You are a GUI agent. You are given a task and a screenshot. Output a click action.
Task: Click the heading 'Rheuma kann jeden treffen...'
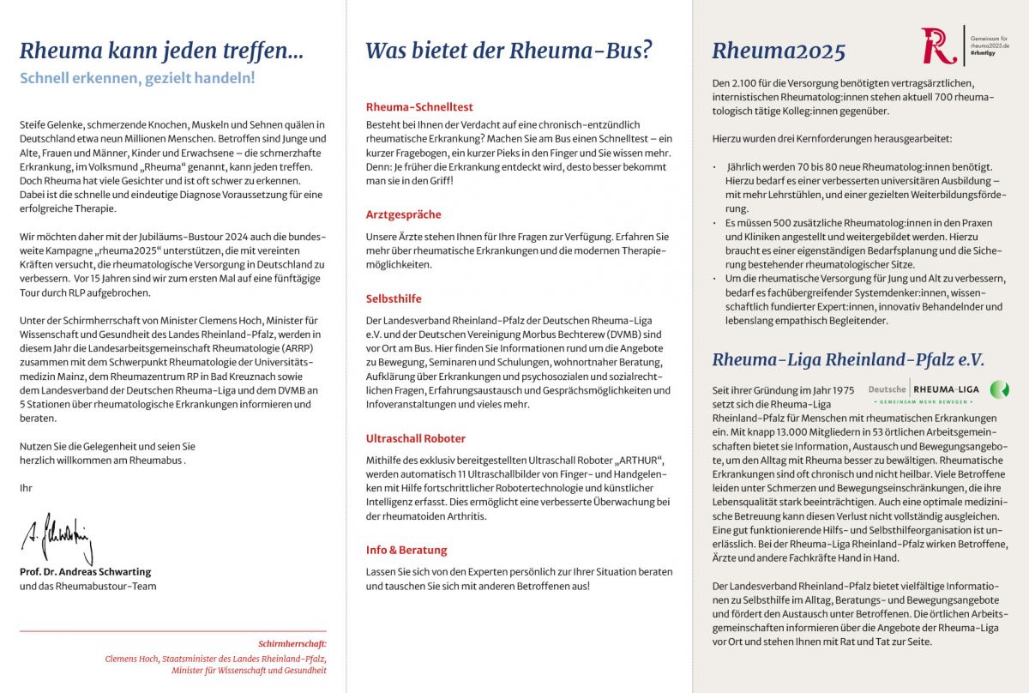[161, 51]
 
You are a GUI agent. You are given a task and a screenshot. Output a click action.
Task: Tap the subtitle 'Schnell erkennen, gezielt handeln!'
[137, 78]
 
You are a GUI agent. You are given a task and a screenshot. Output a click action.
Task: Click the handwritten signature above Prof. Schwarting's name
[57, 538]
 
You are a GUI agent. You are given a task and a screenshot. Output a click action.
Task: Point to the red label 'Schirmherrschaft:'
[292, 643]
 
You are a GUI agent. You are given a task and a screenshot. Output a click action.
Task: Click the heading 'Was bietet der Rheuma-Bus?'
[508, 51]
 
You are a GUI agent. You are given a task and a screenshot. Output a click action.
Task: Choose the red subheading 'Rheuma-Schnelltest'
[419, 107]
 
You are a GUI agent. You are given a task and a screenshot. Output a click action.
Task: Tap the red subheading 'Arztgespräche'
[403, 214]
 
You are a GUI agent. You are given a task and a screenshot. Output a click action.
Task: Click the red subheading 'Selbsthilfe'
[394, 298]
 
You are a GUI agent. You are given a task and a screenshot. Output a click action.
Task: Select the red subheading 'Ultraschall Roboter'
[416, 438]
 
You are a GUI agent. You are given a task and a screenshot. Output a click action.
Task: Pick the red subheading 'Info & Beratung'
[406, 550]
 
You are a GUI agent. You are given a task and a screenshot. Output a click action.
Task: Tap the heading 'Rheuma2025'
[779, 52]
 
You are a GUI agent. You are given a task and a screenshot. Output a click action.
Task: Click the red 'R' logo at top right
[939, 45]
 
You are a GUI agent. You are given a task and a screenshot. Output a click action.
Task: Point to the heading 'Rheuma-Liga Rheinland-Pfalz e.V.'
[848, 360]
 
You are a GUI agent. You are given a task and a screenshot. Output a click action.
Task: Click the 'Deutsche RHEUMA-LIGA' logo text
[924, 389]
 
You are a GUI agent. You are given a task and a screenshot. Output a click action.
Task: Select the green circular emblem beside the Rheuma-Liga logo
[999, 389]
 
